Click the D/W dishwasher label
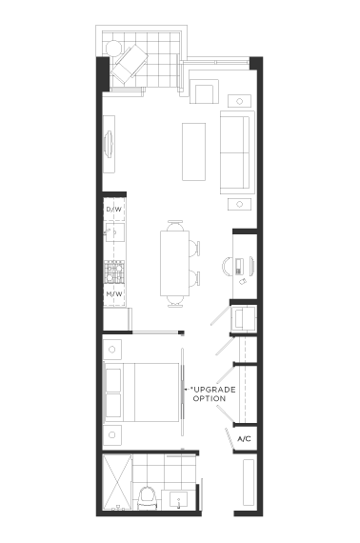114,210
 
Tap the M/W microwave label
114,294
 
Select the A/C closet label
244,439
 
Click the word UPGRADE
214,390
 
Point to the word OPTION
210,398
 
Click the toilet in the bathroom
148,497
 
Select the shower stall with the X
118,482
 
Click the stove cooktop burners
114,271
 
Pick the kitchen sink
115,232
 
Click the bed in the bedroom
142,392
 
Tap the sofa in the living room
237,152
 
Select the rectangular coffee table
194,151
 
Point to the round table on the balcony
113,48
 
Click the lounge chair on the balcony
130,65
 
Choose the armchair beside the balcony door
204,91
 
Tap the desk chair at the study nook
229,267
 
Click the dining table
175,264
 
